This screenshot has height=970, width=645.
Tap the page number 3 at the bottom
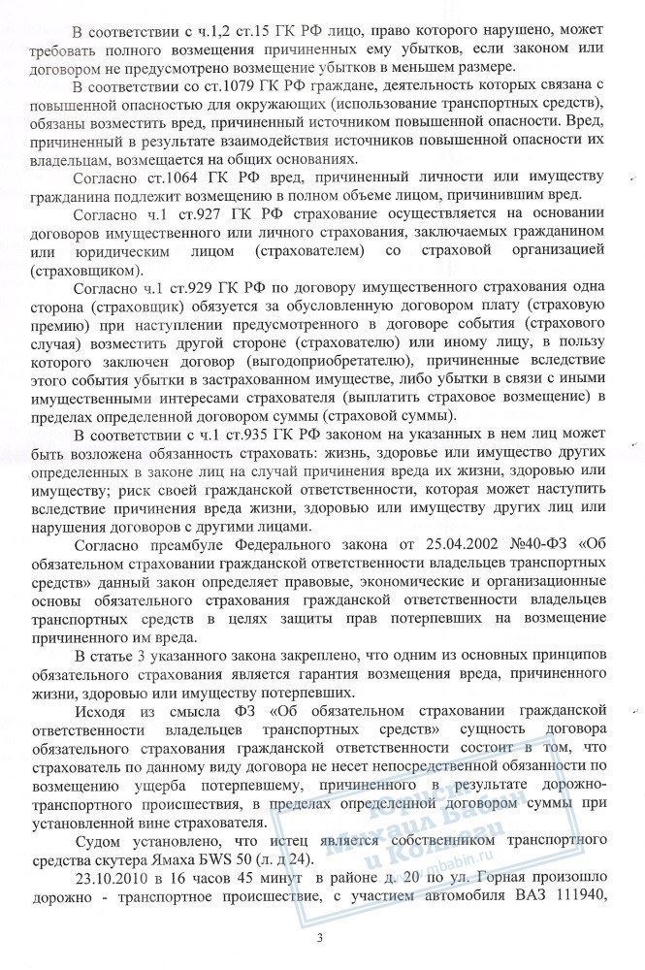(x=320, y=939)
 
